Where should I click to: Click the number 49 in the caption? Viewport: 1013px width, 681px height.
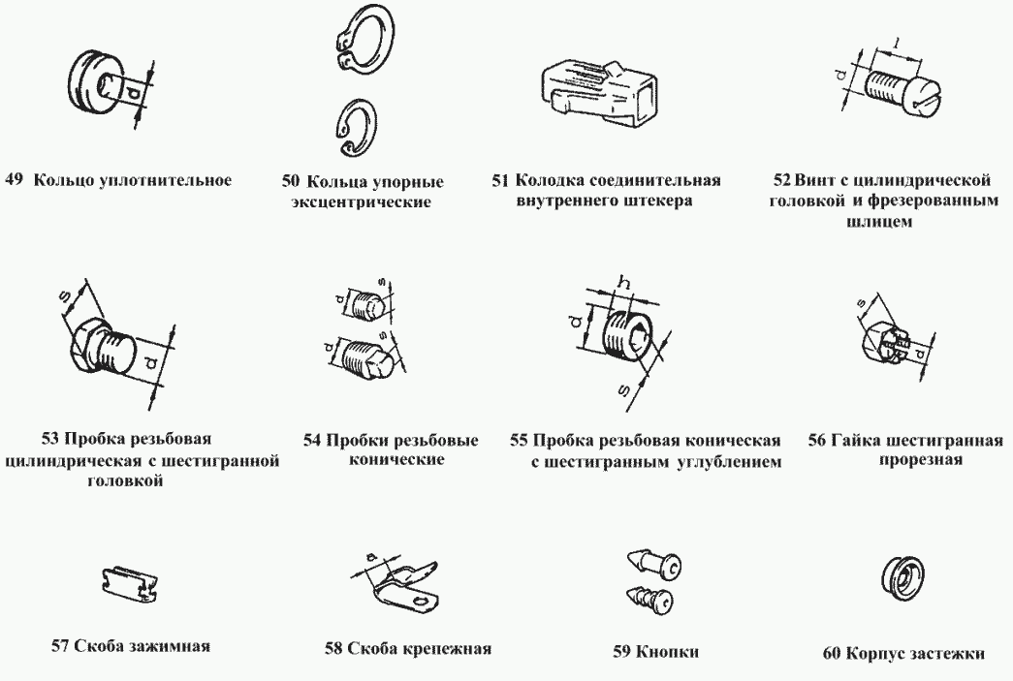14,179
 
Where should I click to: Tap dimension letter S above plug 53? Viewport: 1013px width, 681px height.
65,296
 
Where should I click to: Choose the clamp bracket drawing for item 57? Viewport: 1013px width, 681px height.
129,584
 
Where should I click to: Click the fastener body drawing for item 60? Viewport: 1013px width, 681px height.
902,576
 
